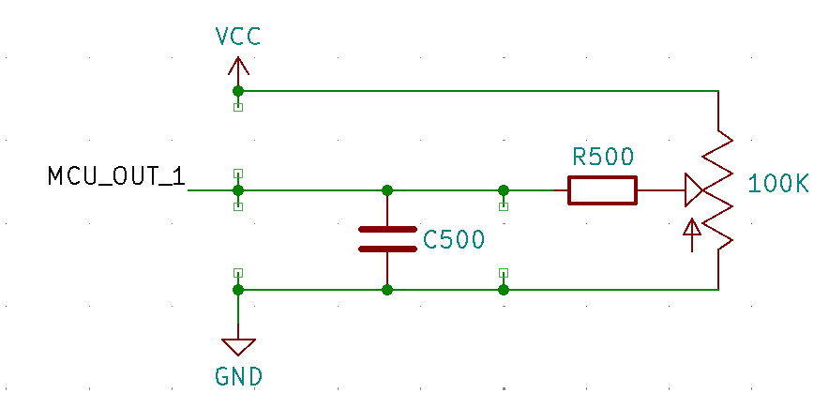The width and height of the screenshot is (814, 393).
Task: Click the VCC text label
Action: tap(237, 37)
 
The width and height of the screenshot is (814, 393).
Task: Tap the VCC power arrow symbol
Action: tap(238, 68)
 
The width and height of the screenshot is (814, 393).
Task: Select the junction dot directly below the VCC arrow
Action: tap(238, 91)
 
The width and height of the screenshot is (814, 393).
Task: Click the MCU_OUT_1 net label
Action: tap(117, 176)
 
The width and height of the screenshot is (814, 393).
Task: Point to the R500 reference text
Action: tap(603, 157)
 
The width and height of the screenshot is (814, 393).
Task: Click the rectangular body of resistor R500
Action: tap(602, 190)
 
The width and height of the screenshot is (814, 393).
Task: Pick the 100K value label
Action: tap(778, 184)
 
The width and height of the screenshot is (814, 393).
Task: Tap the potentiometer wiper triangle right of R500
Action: tap(694, 190)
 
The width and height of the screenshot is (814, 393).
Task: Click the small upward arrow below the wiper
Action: tap(692, 234)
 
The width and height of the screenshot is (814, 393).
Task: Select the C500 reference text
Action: tap(454, 240)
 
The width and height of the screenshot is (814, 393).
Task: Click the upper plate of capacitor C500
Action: tap(386, 228)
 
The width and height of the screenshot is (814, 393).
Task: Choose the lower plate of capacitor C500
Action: tap(386, 249)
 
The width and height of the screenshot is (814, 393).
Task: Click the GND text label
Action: tap(238, 377)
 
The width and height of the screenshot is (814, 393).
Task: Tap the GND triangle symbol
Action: tap(238, 346)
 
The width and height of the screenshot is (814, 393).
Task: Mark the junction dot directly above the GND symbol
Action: tap(238, 290)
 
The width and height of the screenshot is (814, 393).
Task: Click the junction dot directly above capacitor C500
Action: tap(386, 190)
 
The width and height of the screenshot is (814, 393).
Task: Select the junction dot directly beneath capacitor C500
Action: tap(386, 290)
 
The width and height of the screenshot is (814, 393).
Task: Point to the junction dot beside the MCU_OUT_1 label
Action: tap(238, 190)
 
